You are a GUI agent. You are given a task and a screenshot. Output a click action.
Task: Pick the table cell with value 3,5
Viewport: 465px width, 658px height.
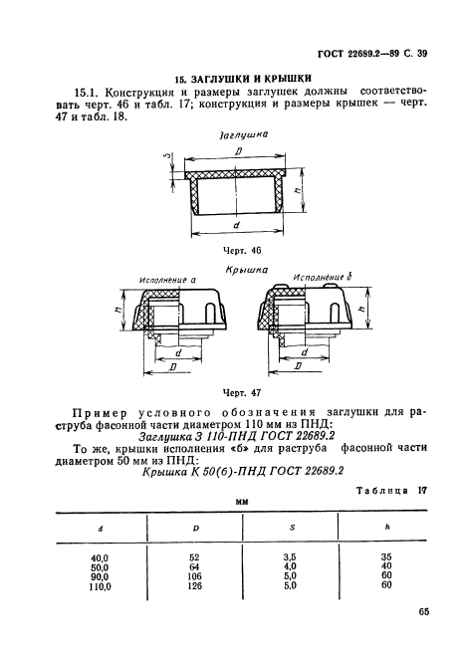291,557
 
